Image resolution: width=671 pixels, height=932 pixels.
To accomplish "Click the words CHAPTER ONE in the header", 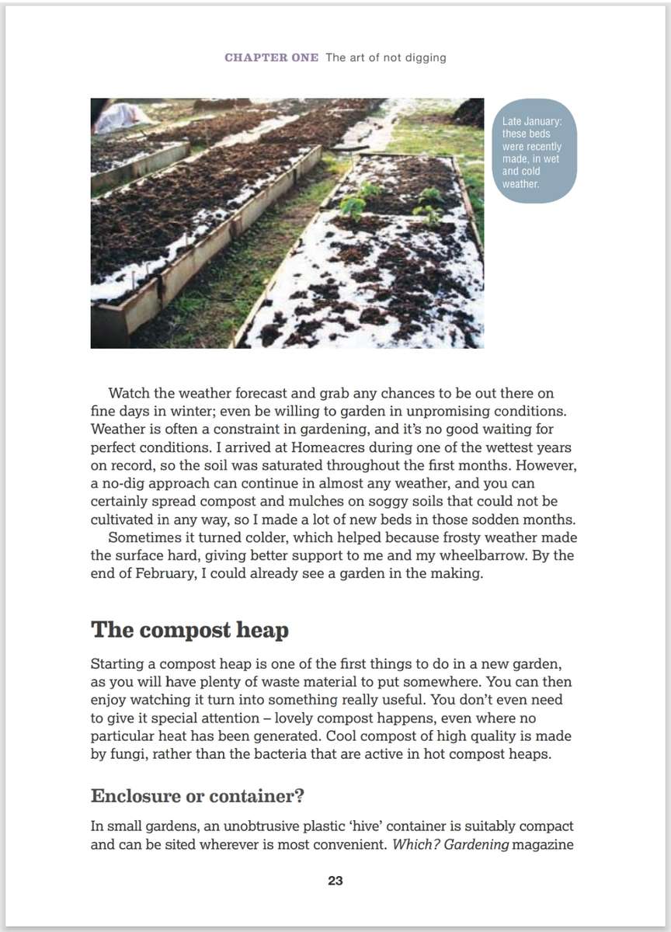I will (271, 58).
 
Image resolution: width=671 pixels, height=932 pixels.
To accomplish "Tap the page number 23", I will (335, 881).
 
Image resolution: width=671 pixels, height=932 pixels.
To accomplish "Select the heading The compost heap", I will (189, 629).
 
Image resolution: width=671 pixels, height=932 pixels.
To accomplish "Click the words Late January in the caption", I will (528, 122).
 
